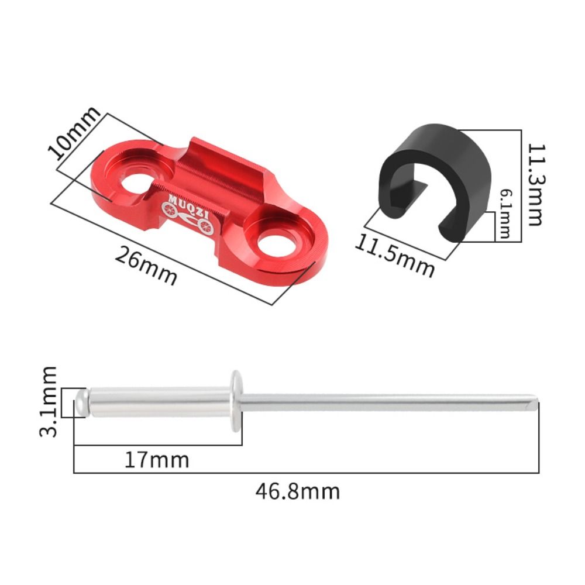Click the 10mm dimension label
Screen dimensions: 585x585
click(74, 133)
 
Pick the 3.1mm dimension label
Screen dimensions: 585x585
click(48, 401)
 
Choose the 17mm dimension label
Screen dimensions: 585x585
click(157, 460)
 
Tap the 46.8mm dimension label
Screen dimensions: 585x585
click(298, 491)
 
